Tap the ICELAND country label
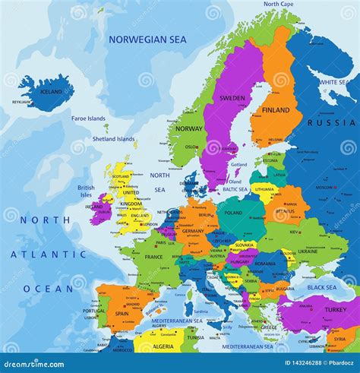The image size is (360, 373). [51, 92]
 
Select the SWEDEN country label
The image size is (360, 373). [232, 98]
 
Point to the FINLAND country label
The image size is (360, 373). [276, 109]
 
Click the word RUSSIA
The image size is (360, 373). [331, 122]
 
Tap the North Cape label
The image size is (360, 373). [279, 4]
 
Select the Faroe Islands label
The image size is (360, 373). [89, 119]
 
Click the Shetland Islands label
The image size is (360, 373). [114, 139]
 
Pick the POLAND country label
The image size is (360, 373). [233, 213]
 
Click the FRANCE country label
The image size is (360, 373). [154, 257]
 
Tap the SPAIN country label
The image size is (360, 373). [122, 313]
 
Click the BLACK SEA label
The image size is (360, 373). [321, 288]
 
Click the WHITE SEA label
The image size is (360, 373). [333, 82]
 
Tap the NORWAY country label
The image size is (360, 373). [189, 128]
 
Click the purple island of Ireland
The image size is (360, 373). [99, 208]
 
